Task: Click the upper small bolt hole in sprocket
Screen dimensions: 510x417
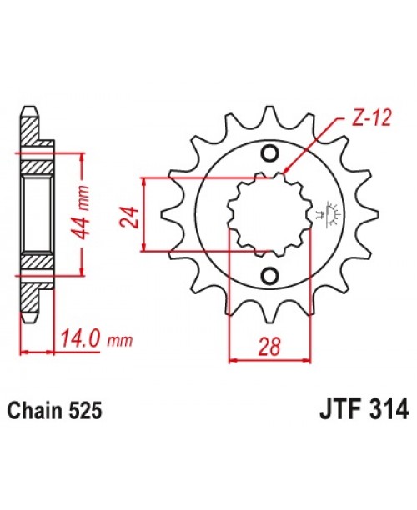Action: point(269,153)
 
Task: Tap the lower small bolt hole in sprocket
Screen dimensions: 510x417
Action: point(269,276)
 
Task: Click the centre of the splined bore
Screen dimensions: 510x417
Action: point(269,214)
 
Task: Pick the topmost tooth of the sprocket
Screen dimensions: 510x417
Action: point(269,117)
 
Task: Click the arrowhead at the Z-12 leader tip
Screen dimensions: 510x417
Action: point(286,172)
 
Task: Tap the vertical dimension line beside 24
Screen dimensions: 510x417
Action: point(146,214)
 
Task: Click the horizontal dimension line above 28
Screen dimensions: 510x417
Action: point(269,360)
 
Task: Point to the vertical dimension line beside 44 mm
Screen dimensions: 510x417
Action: point(83,214)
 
